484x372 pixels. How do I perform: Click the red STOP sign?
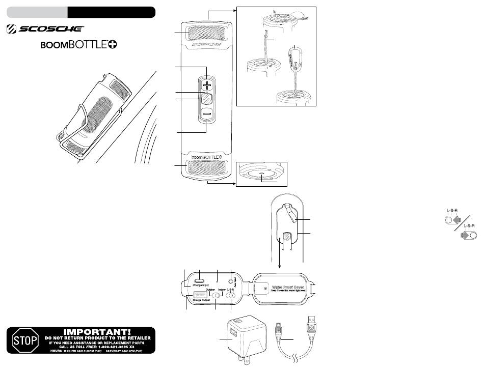tap(22, 339)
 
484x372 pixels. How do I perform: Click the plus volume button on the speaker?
tap(206, 85)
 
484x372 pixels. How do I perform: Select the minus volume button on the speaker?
tap(206, 115)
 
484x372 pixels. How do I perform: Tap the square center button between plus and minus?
tap(206, 99)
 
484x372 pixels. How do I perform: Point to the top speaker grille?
tap(207, 34)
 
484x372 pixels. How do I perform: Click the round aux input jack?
tap(232, 280)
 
